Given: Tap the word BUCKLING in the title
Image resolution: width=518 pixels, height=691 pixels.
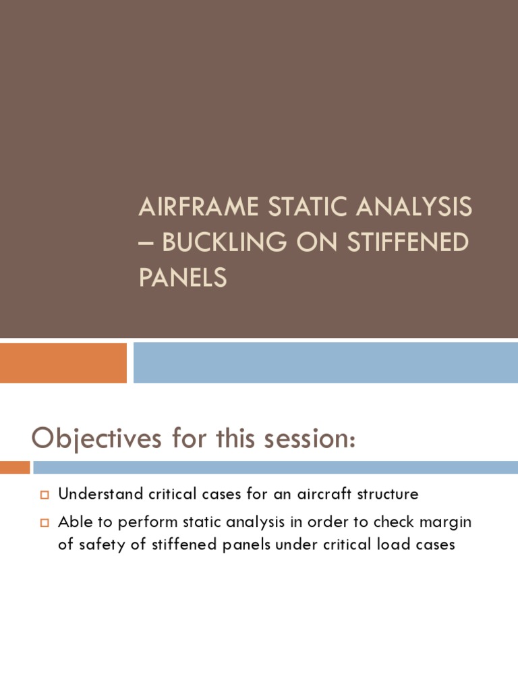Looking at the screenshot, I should [x=212, y=242].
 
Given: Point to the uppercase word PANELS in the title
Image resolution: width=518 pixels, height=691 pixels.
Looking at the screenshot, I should [x=182, y=277].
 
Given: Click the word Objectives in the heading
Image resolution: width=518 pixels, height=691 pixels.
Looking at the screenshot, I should [x=96, y=439].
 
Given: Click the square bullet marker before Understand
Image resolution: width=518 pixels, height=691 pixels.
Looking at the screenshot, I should [x=45, y=495].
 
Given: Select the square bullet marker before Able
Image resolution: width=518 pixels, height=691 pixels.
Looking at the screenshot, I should [x=45, y=522].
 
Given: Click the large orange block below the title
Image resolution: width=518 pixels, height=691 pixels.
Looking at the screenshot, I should [x=63, y=362].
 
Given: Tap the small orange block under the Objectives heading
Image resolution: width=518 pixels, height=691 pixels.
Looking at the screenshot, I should [x=15, y=467].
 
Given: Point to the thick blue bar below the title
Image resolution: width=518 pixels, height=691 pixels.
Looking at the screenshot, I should [x=325, y=362].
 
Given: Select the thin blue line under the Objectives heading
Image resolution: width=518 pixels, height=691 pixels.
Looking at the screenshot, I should [x=275, y=467].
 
